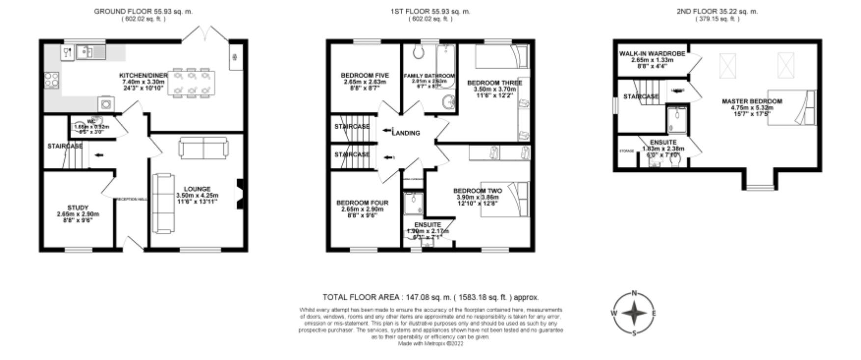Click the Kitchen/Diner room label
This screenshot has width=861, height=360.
[x=143, y=76]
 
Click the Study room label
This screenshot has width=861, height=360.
[x=78, y=208]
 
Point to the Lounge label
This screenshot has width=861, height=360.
[x=197, y=189]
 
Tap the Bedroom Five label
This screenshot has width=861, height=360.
[x=364, y=76]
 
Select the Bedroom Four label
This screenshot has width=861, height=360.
[x=362, y=203]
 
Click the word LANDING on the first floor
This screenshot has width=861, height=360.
[x=406, y=133]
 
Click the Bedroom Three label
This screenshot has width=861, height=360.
[x=494, y=83]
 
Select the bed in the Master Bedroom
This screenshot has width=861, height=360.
[x=791, y=107]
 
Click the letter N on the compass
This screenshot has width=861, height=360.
[x=634, y=293]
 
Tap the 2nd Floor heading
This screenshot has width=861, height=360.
[x=717, y=11]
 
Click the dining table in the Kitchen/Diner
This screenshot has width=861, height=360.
[x=191, y=83]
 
